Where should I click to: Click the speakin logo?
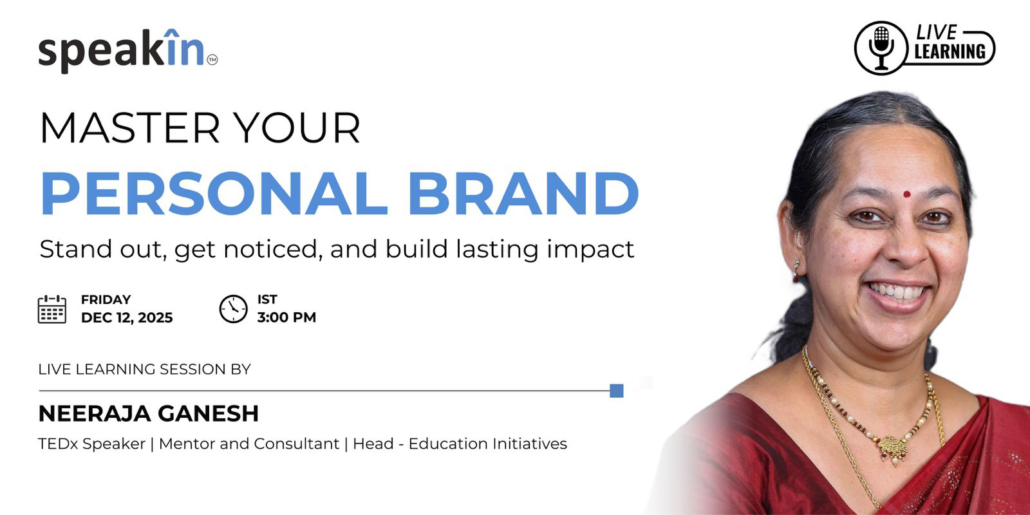tap(128, 51)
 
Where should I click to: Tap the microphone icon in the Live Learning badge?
tap(881, 48)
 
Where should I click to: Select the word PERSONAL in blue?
tap(214, 194)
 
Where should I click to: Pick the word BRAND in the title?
tap(524, 194)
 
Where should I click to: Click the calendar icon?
tap(52, 309)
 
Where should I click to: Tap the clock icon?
tap(233, 309)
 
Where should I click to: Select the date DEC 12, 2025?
tap(127, 318)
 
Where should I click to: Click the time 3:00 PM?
tap(286, 317)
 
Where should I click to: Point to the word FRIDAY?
tap(106, 300)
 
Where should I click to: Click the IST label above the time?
tap(267, 300)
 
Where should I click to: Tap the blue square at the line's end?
tap(617, 391)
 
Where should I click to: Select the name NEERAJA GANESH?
tap(149, 413)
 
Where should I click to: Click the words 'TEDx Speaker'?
tap(91, 444)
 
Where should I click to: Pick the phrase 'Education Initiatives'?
tap(488, 444)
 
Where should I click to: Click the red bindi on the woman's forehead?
tap(907, 194)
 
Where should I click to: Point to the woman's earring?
tap(796, 271)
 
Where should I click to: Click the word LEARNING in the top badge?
tap(950, 51)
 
